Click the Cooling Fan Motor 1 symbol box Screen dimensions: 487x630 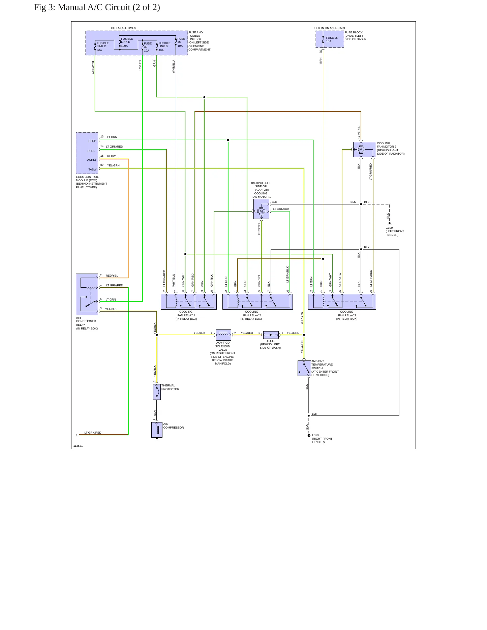click(261, 209)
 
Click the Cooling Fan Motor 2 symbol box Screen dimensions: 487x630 click(364, 150)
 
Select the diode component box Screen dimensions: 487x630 click(271, 335)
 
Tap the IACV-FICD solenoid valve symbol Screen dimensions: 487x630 click(223, 335)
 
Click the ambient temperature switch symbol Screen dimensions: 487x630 click(304, 368)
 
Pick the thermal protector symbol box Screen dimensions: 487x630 click(157, 392)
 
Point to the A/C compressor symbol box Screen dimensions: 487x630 click(157, 430)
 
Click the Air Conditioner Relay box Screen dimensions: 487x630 click(87, 294)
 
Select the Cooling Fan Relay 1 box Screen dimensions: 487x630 click(189, 302)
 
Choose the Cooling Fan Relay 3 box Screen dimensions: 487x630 click(342, 302)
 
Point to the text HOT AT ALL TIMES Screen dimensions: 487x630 click(124, 28)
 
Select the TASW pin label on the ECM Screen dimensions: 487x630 click(92, 169)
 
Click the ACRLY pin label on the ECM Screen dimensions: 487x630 click(92, 160)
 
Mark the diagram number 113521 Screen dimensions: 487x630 click(78, 446)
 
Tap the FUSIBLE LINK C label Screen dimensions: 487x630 click(103, 45)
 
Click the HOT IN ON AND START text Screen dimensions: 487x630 click(330, 28)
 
